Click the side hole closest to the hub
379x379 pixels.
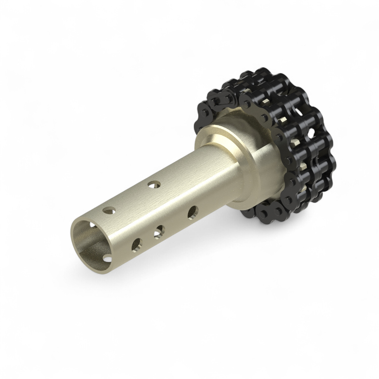click(x=193, y=212)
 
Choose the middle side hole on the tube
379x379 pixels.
click(x=159, y=230)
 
